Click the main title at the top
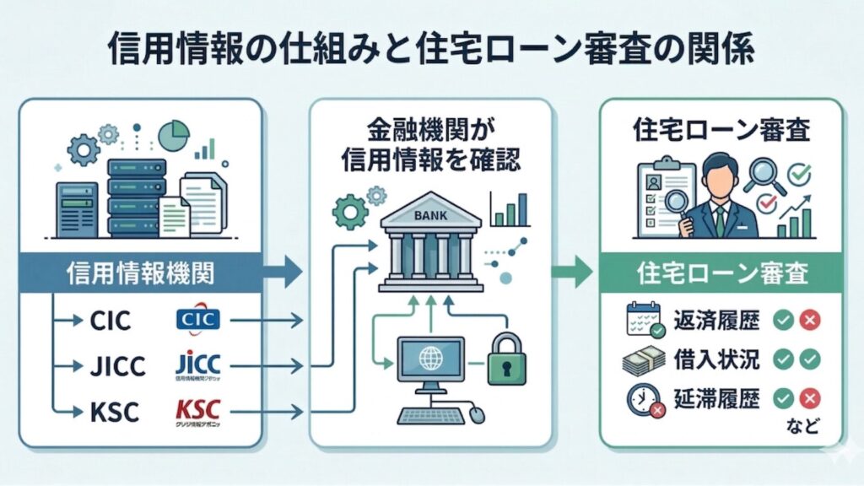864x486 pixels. point(431,49)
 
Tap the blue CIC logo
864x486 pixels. point(198,321)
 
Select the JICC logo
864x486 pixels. point(198,365)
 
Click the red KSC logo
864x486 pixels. point(198,411)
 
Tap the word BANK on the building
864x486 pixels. point(430,216)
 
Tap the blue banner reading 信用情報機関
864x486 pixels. point(139,273)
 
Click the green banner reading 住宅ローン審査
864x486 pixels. point(721,273)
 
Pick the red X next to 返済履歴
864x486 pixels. point(810,321)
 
